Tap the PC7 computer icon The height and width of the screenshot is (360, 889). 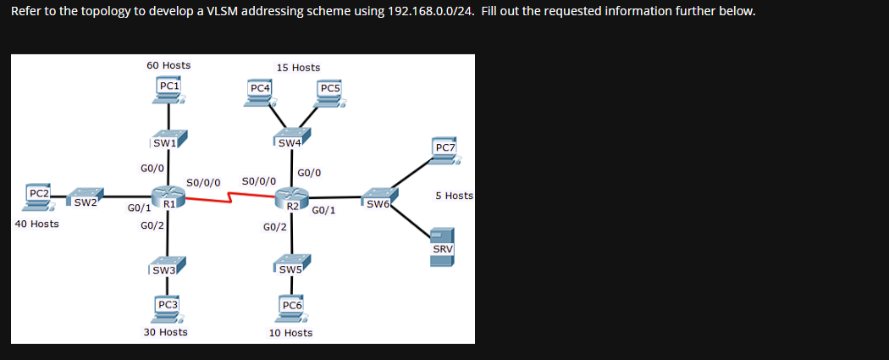444,152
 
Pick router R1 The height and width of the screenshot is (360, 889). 168,199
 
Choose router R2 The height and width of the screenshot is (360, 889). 292,201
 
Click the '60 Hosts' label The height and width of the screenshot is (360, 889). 168,65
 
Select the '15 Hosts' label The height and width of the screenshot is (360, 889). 298,68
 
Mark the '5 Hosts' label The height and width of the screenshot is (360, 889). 454,196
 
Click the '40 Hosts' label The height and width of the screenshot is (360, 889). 37,224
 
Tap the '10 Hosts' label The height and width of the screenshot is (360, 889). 290,333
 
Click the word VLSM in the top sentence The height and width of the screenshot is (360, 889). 222,11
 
